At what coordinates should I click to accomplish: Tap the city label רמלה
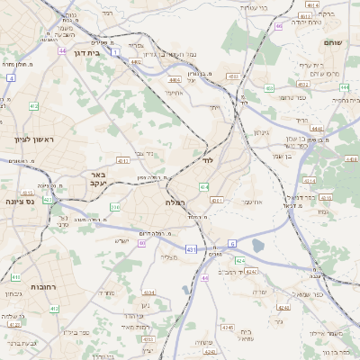[x=176, y=203]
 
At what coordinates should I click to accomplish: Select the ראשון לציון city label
[x=35, y=139]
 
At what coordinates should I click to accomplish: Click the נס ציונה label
[x=19, y=202]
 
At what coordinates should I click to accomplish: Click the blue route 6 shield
[x=231, y=243]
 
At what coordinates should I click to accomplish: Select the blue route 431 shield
[x=191, y=248]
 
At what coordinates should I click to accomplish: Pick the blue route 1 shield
[x=115, y=53]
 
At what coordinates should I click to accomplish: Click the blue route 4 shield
[x=10, y=78]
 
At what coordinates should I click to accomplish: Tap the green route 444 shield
[x=346, y=87]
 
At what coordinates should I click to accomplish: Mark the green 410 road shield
[x=15, y=277]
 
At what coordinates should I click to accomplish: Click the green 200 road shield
[x=114, y=207]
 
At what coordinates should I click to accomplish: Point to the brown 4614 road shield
[x=312, y=4]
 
